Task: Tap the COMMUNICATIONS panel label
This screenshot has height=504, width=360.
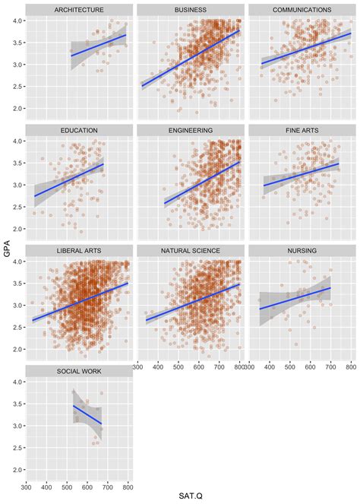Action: tap(302, 10)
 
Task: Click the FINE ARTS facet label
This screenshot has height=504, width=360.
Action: tap(302, 131)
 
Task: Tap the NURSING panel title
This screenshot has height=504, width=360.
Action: tap(302, 251)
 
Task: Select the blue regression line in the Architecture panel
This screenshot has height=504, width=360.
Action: tap(99, 46)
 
